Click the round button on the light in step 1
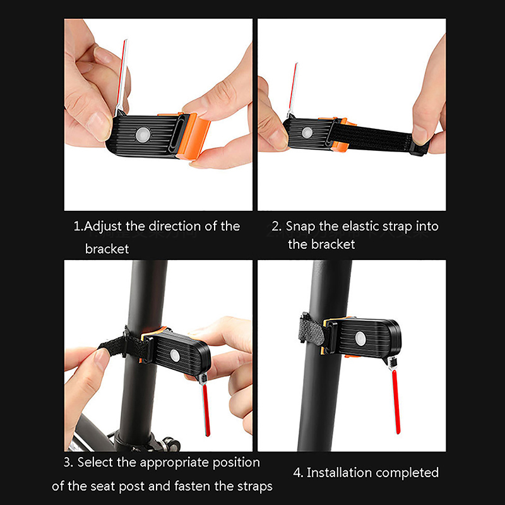(x=143, y=134)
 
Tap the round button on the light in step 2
(x=307, y=133)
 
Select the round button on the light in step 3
(x=175, y=355)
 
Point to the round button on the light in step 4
(x=360, y=339)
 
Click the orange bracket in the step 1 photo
(x=193, y=135)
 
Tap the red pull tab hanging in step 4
(x=396, y=401)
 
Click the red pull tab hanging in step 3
(x=206, y=410)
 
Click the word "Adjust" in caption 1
(x=103, y=227)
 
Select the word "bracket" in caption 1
(x=107, y=249)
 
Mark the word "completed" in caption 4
(x=407, y=473)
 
